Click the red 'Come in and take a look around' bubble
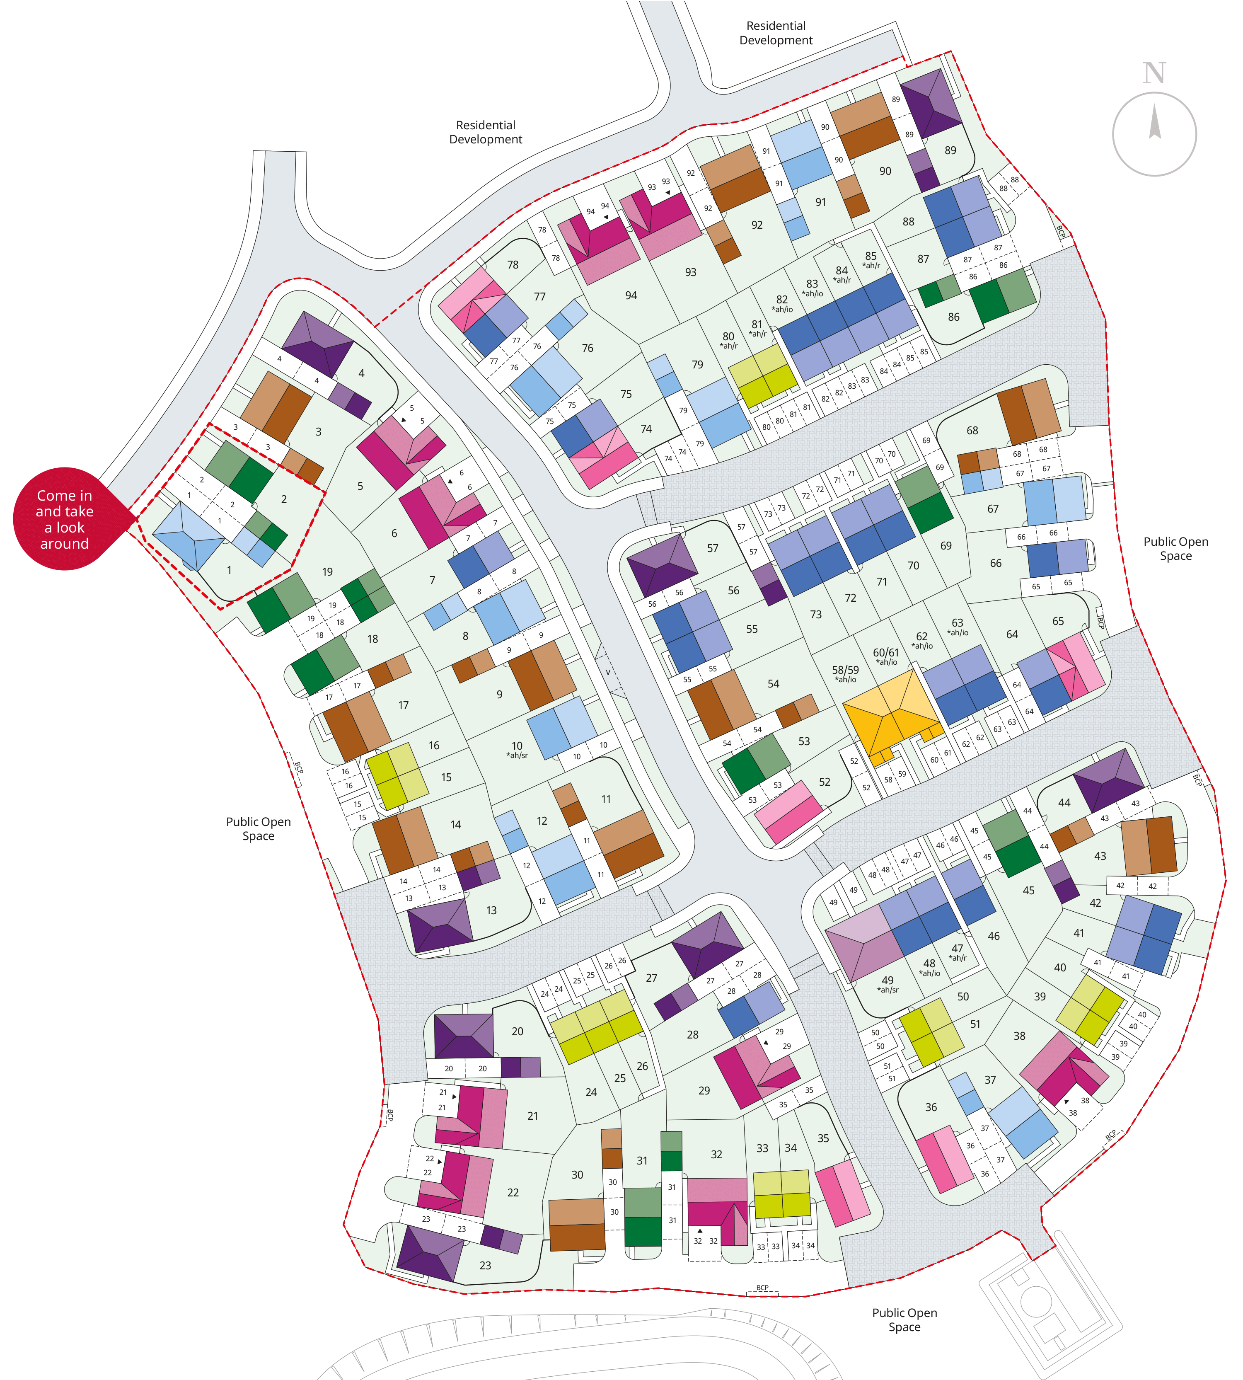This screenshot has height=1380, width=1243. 65,519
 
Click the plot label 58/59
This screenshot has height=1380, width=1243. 845,670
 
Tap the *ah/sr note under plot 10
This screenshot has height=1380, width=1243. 517,755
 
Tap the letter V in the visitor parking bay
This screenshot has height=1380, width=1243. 607,672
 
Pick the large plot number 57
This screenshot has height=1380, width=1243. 712,548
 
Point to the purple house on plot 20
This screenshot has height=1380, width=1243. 464,1036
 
